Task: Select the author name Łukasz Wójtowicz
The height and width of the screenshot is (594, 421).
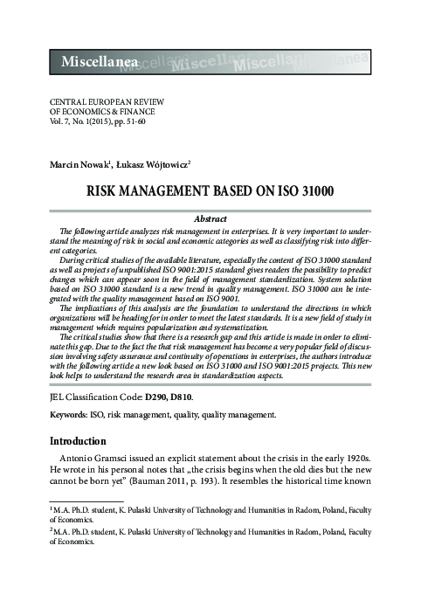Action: click(x=142, y=164)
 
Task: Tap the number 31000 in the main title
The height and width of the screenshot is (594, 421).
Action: click(x=309, y=189)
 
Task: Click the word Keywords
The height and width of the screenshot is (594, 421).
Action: click(x=72, y=415)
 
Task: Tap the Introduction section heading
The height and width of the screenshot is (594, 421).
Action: click(x=78, y=441)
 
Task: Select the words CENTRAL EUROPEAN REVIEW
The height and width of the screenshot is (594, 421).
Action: click(x=104, y=102)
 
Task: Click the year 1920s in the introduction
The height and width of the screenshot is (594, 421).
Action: click(x=356, y=460)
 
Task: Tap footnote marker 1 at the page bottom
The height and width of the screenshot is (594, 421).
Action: click(x=52, y=507)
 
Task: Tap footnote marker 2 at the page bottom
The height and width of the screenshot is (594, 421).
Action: click(x=52, y=529)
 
